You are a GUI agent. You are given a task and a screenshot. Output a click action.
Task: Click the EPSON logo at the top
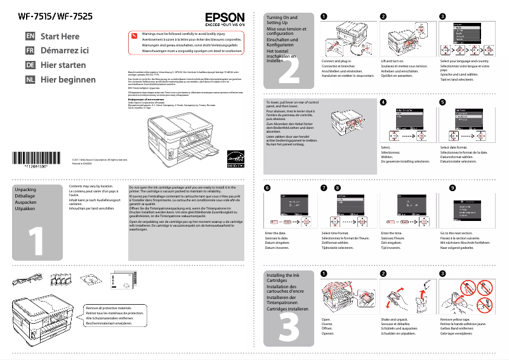tap(223, 18)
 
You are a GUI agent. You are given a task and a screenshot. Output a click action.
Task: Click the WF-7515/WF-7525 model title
tap(49, 16)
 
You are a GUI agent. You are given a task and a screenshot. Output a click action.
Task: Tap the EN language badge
tap(30, 37)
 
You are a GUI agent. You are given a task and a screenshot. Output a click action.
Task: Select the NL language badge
tap(30, 80)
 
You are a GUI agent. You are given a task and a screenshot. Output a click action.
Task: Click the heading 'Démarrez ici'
tap(65, 51)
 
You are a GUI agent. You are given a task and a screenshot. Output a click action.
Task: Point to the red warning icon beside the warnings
tap(133, 36)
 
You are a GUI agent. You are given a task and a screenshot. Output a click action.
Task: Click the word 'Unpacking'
tap(25, 190)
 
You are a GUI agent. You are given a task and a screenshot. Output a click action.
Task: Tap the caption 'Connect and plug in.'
tap(336, 60)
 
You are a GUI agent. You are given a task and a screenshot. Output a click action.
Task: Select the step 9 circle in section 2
tap(452, 188)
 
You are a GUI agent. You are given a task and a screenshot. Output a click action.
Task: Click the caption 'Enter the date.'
tap(275, 234)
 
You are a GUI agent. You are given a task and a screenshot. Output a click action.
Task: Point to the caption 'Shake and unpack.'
tap(396, 319)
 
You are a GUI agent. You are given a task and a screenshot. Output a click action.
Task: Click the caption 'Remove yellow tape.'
tap(456, 319)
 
